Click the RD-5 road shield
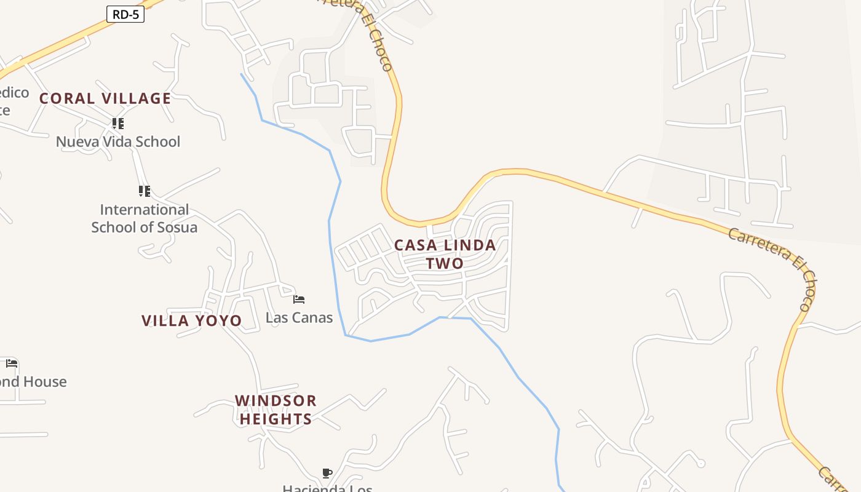[x=125, y=15]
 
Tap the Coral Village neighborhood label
[x=105, y=98]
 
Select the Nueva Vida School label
[x=118, y=142]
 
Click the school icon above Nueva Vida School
[x=118, y=124]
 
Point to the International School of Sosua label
[x=145, y=218]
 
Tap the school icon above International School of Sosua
[x=144, y=191]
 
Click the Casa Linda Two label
[x=445, y=254]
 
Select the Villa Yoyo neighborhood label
[x=192, y=321]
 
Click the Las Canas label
[x=299, y=318]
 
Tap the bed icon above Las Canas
[x=299, y=300]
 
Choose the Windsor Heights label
[x=276, y=410]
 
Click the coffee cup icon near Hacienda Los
[x=327, y=473]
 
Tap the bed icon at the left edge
[x=12, y=363]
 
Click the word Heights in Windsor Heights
[x=276, y=419]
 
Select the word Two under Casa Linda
[x=445, y=264]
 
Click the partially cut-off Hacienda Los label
[x=327, y=488]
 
